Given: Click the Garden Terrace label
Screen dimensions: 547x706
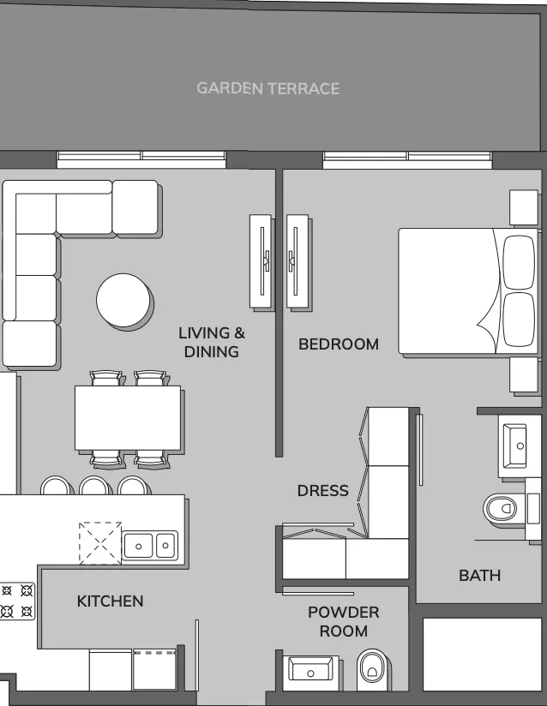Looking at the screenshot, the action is tap(268, 88).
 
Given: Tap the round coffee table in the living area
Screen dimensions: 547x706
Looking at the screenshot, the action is tap(123, 300).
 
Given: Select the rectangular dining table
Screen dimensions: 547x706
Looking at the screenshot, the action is tap(128, 417).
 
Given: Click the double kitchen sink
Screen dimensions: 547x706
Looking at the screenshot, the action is tap(150, 546).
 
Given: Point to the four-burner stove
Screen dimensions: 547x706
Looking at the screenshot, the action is tap(17, 601).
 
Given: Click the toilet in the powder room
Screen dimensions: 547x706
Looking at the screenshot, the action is tap(372, 670).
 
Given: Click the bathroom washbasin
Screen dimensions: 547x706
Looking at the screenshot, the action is tap(514, 446).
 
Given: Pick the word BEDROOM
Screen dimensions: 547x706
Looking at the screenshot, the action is tap(339, 344).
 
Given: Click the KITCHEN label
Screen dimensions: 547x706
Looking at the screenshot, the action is tap(110, 601).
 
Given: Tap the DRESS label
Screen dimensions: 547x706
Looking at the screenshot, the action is tap(322, 490).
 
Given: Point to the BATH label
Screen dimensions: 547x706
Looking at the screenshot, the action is tap(479, 576).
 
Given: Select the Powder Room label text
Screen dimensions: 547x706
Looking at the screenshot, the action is tap(343, 622).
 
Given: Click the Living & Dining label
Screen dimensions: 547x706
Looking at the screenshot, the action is tap(212, 342).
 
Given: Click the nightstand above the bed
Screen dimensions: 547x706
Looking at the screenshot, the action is tap(524, 207).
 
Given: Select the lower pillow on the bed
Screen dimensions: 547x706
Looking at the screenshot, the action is tap(519, 320).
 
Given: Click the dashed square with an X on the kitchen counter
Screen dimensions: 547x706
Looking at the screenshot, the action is tap(100, 543).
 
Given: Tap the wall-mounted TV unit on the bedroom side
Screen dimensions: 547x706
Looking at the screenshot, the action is tap(298, 261).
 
